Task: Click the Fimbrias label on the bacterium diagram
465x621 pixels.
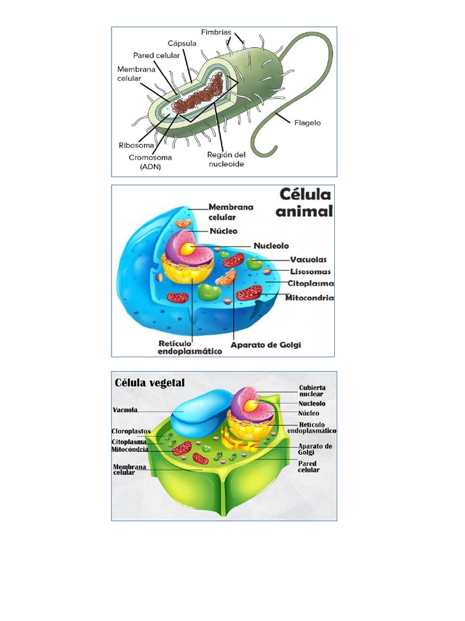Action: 216,32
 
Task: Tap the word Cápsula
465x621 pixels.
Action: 182,43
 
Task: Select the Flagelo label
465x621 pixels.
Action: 308,123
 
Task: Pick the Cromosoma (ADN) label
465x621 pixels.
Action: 150,161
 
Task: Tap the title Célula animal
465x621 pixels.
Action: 306,203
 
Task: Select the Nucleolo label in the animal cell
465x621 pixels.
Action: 271,246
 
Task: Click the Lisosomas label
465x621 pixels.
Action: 311,272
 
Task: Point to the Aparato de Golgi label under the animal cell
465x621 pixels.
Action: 266,345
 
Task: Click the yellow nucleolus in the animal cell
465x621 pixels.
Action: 189,249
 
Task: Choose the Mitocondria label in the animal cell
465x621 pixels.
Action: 311,298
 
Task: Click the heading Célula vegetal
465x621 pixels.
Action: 150,383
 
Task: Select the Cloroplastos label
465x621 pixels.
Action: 131,431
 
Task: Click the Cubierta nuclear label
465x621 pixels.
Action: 312,391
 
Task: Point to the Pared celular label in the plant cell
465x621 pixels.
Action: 309,466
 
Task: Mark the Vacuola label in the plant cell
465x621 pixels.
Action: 125,410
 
